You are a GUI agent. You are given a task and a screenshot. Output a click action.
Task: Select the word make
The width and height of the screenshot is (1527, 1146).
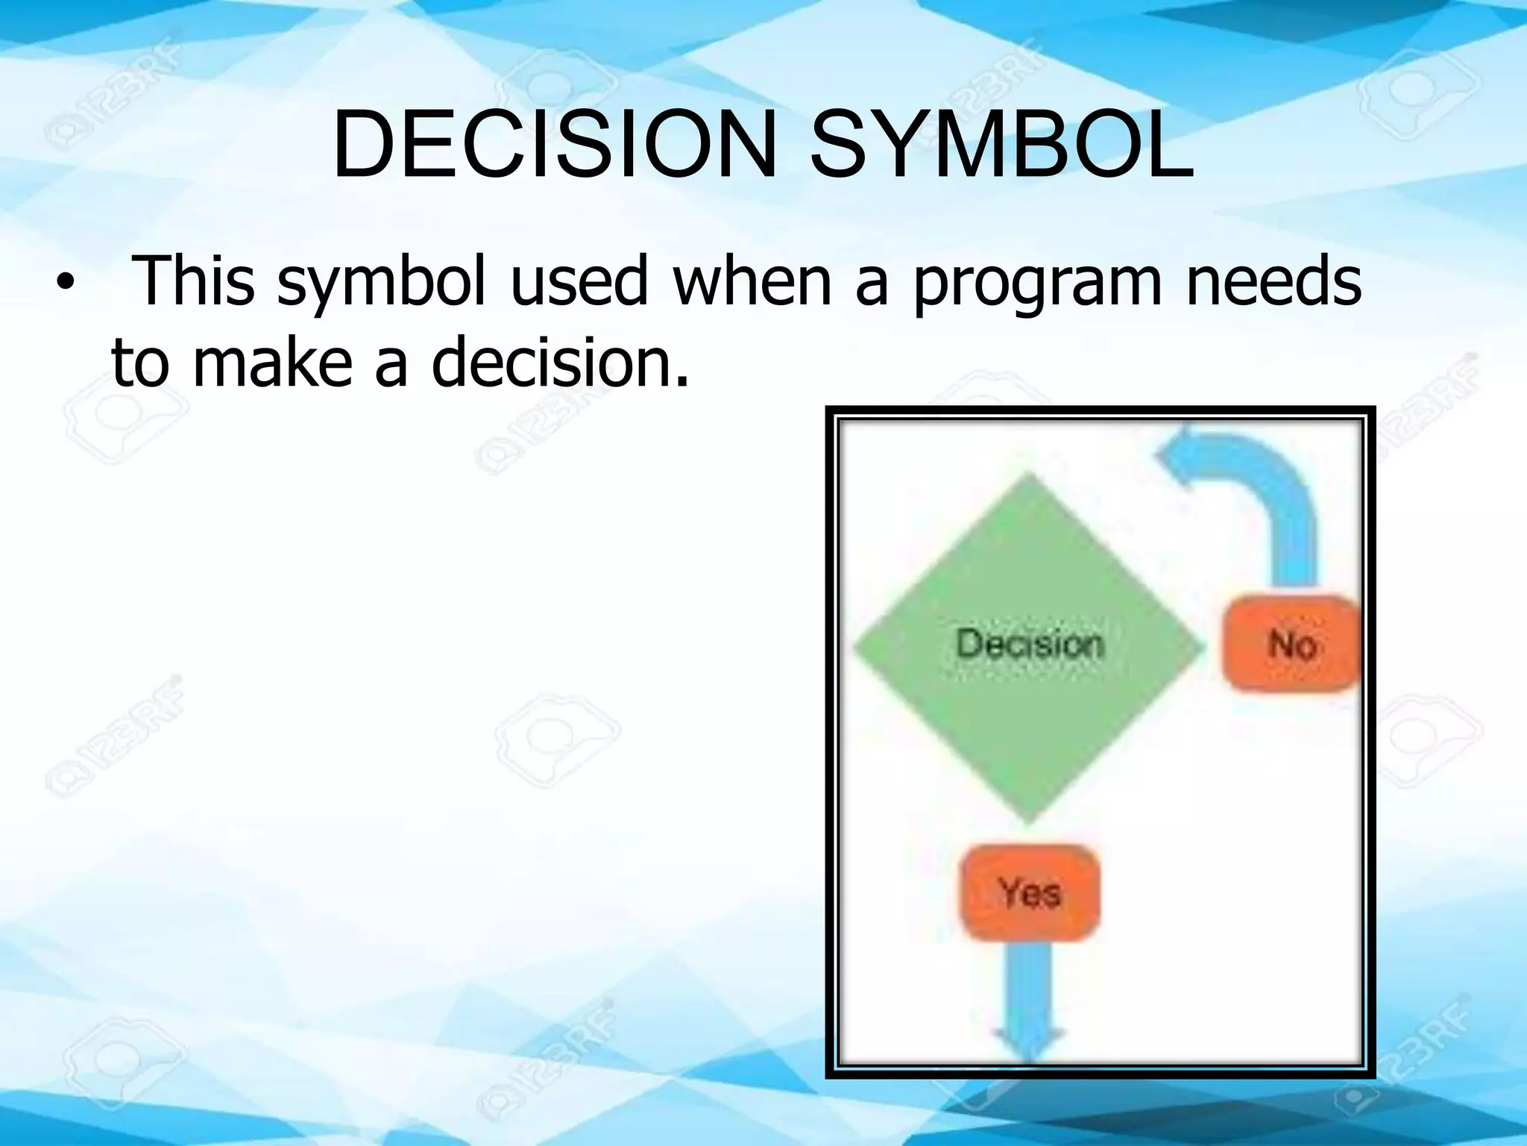click(272, 363)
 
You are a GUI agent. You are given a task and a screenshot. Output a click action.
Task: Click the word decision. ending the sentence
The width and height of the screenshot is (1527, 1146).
click(559, 363)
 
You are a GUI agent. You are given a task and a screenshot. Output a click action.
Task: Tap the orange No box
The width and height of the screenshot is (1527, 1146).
click(1291, 643)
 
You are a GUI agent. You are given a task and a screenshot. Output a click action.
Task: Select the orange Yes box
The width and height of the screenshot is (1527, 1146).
click(1029, 892)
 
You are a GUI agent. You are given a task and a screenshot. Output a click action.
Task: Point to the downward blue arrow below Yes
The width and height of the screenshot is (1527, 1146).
click(1029, 1007)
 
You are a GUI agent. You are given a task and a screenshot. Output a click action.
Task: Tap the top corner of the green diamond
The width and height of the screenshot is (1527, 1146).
click(1030, 476)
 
